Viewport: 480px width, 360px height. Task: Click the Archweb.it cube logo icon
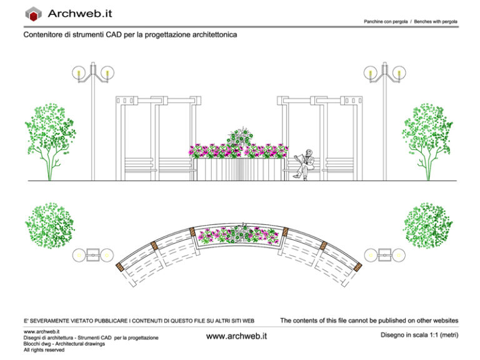click(33, 14)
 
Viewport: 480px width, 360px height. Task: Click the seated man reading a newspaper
click(305, 164)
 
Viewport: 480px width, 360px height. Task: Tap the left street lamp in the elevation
click(93, 119)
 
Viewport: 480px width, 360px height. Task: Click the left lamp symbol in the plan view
click(93, 255)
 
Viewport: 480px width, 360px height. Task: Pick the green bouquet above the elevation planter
click(239, 137)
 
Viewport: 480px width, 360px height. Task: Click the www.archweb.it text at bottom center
click(236, 336)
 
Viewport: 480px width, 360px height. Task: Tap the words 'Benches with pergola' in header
click(436, 21)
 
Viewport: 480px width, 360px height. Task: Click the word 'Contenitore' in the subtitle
click(44, 36)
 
